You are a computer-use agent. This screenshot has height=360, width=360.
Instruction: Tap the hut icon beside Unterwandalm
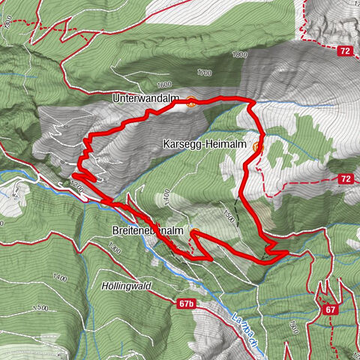(x=191, y=103)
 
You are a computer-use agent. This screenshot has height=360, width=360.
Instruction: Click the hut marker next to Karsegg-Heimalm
(x=257, y=146)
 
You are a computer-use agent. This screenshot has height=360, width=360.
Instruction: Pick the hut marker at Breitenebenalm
(x=194, y=232)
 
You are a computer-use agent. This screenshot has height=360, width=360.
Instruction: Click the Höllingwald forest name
(x=124, y=286)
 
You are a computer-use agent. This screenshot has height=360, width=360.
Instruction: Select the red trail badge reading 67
(x=329, y=309)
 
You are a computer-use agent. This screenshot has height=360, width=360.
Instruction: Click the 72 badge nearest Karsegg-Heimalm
(x=344, y=178)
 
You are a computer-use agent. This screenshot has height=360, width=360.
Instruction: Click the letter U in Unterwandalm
(x=116, y=98)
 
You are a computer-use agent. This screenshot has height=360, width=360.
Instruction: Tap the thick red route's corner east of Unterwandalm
(x=253, y=102)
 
